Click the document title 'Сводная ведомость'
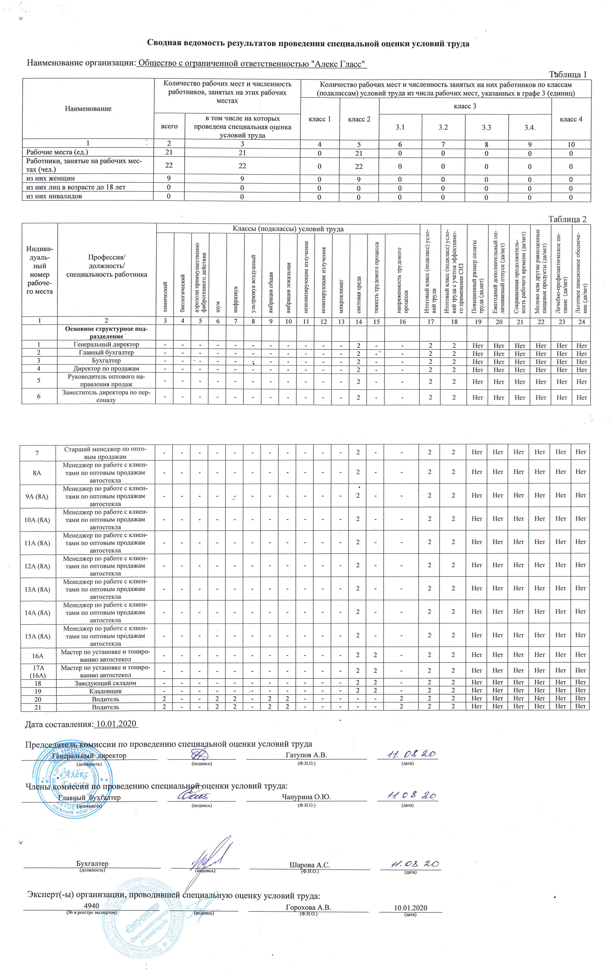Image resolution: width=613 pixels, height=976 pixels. coord(308,43)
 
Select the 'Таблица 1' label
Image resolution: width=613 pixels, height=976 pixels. coord(568,75)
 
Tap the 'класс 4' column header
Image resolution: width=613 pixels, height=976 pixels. coord(570,119)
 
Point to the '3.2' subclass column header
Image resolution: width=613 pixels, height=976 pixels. coord(443,127)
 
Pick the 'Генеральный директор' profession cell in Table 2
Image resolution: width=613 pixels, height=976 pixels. coord(106,344)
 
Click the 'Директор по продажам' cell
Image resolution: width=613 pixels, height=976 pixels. coord(106,369)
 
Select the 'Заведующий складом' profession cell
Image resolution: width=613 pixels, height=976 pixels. coord(106,683)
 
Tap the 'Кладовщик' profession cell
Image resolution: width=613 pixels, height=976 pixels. coord(106,691)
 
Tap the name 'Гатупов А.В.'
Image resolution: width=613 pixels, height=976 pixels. coord(306,755)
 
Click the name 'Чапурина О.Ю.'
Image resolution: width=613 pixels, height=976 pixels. coord(306,797)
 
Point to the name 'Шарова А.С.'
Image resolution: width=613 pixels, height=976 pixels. coord(309,865)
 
